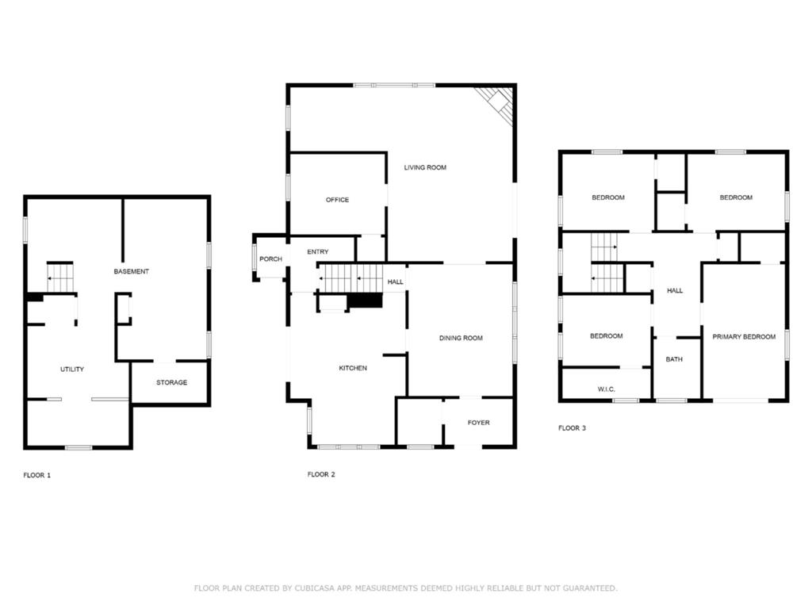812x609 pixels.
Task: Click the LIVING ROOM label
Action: pyautogui.click(x=425, y=167)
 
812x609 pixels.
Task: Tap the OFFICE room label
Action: pyautogui.click(x=337, y=200)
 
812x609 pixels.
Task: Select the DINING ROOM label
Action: pyautogui.click(x=461, y=339)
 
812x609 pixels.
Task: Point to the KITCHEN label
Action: pyautogui.click(x=353, y=368)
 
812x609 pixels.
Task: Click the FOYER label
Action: pyautogui.click(x=478, y=423)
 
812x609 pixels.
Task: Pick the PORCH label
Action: pyautogui.click(x=270, y=259)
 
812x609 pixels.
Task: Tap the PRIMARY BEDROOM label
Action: pyautogui.click(x=743, y=337)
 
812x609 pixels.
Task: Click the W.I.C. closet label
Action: pyautogui.click(x=606, y=389)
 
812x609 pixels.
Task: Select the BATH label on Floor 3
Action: pyautogui.click(x=673, y=359)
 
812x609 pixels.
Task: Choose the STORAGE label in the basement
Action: pyautogui.click(x=171, y=382)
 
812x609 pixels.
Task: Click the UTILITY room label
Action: pyautogui.click(x=72, y=370)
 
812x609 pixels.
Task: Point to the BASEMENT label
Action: pyautogui.click(x=131, y=271)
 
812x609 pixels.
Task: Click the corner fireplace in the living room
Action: pyautogui.click(x=497, y=104)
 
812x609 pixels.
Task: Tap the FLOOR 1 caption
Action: pyautogui.click(x=36, y=475)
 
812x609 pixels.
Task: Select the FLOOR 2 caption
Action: pyautogui.click(x=321, y=474)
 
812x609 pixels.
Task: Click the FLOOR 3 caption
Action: pyautogui.click(x=572, y=428)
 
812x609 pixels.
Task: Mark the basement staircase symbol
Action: pyautogui.click(x=60, y=278)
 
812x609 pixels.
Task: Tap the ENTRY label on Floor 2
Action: pyautogui.click(x=317, y=252)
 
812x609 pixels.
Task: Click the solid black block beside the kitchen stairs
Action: pyautogui.click(x=366, y=301)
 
